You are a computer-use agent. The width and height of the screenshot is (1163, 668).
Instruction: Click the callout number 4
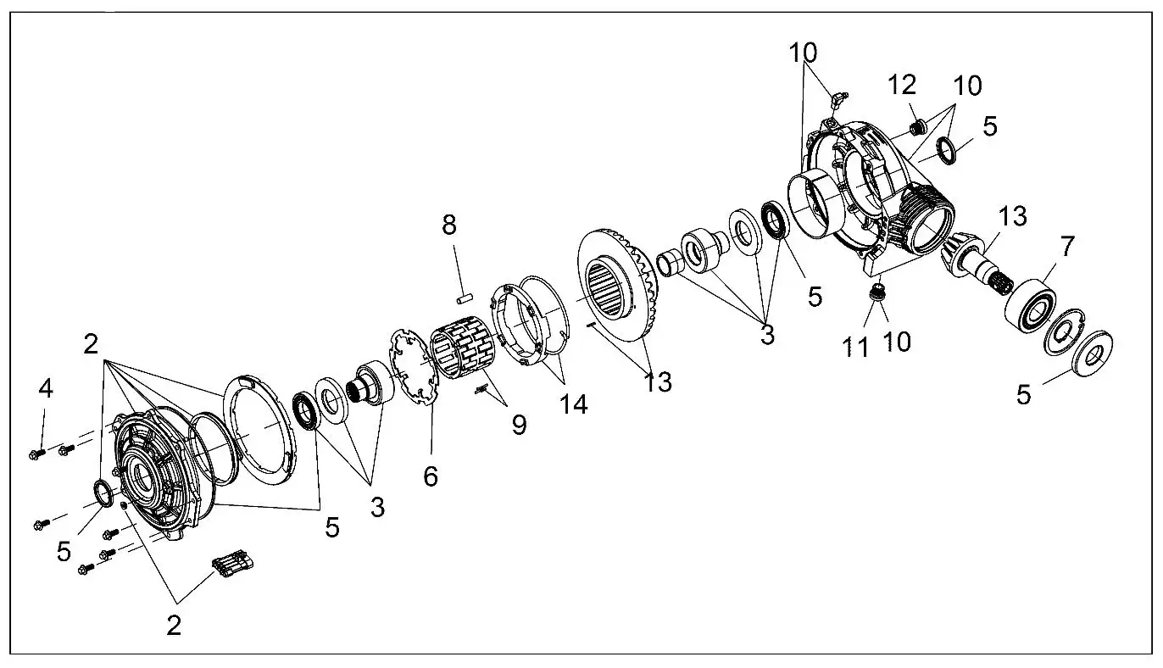click(46, 389)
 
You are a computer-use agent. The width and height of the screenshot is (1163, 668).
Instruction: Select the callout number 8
click(448, 225)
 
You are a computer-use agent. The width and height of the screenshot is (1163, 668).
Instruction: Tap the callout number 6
click(431, 476)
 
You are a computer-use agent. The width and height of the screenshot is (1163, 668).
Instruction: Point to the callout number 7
click(1067, 248)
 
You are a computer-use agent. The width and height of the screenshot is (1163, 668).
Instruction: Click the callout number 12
click(902, 85)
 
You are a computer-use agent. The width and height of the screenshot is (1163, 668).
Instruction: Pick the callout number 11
click(857, 348)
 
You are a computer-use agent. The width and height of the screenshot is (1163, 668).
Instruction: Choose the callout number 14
click(573, 404)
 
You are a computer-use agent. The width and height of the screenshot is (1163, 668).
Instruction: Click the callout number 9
click(517, 424)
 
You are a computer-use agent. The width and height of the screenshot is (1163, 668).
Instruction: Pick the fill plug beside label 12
click(915, 129)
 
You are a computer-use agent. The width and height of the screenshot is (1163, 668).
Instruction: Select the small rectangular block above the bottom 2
click(231, 565)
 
